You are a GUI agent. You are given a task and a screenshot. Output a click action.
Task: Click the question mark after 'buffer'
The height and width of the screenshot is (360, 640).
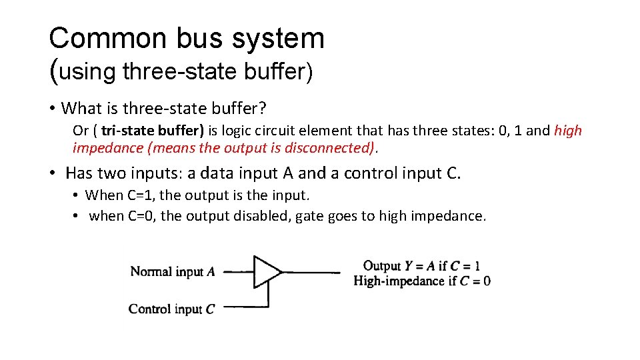(271, 107)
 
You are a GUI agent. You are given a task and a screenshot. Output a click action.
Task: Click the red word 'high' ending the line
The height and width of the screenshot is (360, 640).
(567, 131)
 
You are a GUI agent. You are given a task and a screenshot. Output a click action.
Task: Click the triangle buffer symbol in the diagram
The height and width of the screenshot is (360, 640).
(267, 272)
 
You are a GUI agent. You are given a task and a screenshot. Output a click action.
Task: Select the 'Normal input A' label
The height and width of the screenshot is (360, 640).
(172, 272)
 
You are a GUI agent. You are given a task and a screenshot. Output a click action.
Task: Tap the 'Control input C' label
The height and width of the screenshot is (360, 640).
(171, 309)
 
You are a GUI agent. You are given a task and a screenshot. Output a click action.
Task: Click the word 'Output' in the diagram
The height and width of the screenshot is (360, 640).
(382, 266)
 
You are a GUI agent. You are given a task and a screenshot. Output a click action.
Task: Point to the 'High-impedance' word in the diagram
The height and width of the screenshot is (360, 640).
(399, 281)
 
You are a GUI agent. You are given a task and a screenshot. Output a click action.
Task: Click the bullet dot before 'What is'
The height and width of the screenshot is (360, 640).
(51, 108)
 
